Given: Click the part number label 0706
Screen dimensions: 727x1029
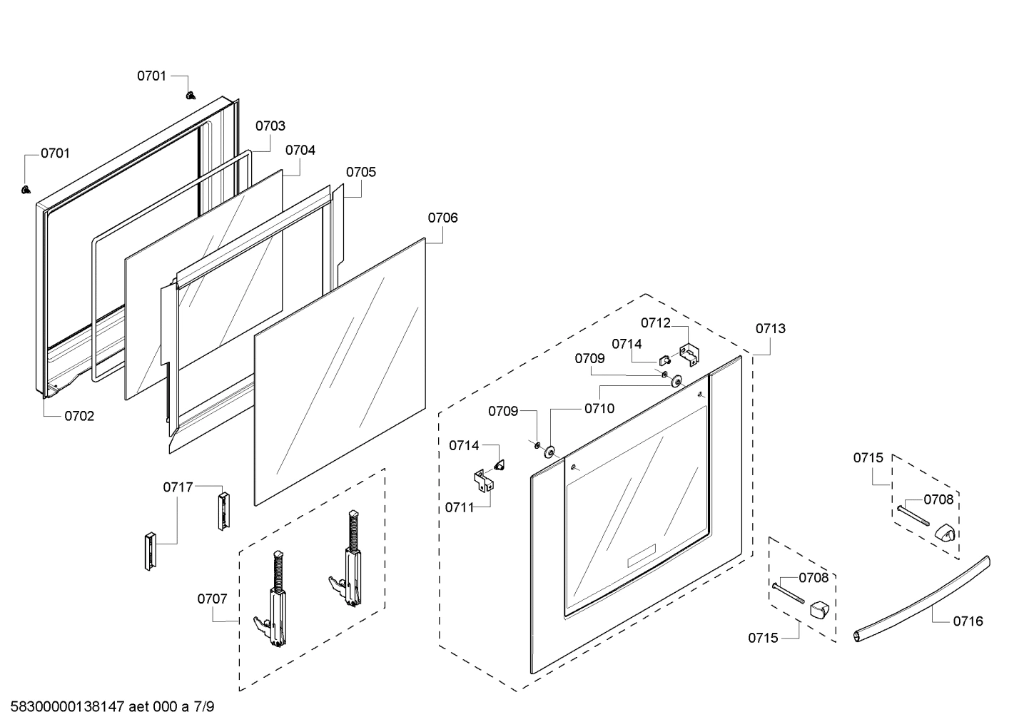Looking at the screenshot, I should [x=442, y=218].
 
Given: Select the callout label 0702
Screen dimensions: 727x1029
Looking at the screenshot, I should [x=79, y=416].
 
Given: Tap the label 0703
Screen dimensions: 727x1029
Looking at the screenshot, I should [x=270, y=126].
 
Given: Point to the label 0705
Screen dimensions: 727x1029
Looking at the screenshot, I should [x=361, y=172].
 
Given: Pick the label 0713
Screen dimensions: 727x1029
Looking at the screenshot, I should [x=770, y=328].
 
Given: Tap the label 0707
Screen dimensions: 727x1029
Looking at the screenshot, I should [x=212, y=599].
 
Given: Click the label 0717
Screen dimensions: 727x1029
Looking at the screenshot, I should [x=178, y=487].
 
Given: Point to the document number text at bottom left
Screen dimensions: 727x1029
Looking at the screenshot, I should [x=112, y=707].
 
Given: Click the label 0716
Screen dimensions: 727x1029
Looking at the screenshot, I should [x=968, y=621].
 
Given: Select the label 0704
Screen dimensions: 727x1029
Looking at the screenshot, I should [x=300, y=151].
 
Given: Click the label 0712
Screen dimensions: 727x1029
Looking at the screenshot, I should [x=655, y=322].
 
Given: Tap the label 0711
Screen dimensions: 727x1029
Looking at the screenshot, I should [x=460, y=507].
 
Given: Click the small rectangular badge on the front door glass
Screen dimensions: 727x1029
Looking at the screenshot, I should [x=641, y=556].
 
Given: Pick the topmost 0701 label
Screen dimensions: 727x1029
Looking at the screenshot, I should [x=152, y=76].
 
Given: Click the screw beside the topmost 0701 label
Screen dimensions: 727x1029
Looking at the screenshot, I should [x=191, y=94].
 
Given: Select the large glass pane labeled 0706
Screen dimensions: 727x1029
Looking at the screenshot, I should [x=340, y=371].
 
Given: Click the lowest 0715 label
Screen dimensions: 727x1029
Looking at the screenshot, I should [x=763, y=638].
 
